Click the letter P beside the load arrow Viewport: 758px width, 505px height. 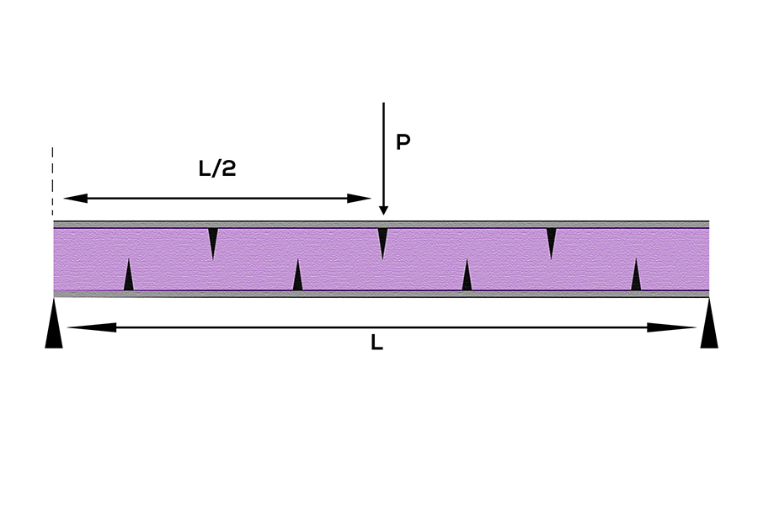coord(403,142)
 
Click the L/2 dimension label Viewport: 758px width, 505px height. coord(217,168)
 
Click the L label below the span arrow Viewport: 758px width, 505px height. coord(376,343)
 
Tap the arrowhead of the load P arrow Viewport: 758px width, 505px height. coord(383,210)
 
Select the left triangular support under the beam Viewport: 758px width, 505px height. coord(54,323)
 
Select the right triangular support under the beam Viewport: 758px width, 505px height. coord(709,323)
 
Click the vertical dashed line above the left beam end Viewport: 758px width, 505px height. coord(53,181)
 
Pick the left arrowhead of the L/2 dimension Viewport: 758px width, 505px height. coord(76,198)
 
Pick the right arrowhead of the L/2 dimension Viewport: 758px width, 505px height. coord(359,198)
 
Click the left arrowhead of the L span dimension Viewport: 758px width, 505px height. coord(92,327)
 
